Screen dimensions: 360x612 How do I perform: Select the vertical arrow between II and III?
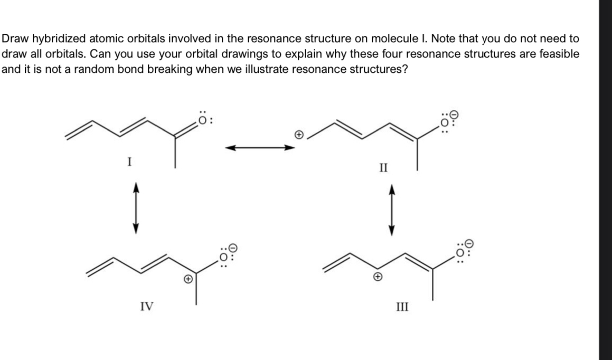click(x=391, y=210)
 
